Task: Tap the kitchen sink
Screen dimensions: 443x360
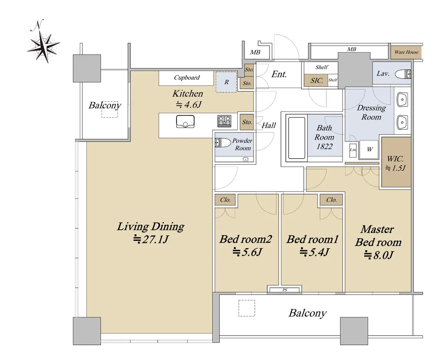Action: coord(185,121)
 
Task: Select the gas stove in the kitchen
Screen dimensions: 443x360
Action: coord(224,121)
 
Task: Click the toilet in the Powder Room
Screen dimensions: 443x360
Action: coord(223,143)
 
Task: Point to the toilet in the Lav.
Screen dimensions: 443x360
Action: coord(403,74)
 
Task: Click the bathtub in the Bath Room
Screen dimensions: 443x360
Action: coord(296,137)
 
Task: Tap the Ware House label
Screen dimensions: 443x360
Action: coord(406,52)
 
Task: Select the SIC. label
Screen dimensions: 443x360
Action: coord(316,80)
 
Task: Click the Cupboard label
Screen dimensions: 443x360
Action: coord(186,78)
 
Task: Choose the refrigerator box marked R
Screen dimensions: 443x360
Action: coord(226,82)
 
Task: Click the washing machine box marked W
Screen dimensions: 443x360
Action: coord(369,149)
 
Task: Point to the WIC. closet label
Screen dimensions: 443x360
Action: coord(395,159)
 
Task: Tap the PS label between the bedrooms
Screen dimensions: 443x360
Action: coord(285,290)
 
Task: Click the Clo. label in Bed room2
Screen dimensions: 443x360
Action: coord(225,200)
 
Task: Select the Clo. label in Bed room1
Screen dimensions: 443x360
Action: coord(331,200)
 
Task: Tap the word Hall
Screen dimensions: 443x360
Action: coord(268,126)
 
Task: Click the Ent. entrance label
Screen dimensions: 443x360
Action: coord(279,74)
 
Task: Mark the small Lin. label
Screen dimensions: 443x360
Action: coord(353,150)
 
